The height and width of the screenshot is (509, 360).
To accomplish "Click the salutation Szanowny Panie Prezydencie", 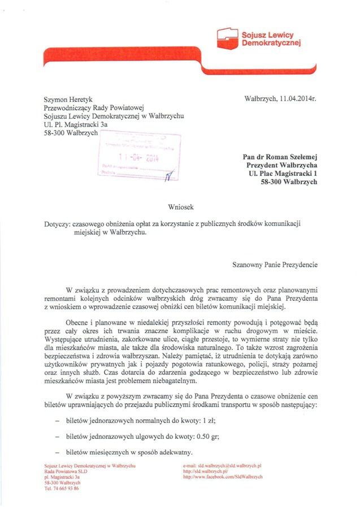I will [x=275, y=264].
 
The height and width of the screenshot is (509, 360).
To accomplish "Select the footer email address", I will [x=225, y=465].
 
